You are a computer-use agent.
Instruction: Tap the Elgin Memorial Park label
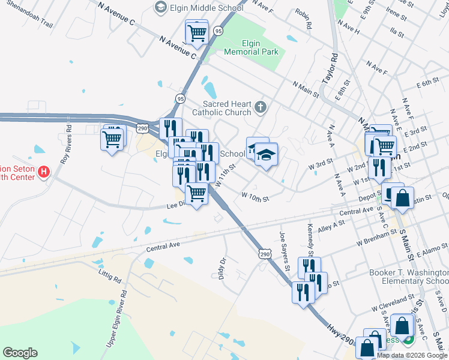[251, 47]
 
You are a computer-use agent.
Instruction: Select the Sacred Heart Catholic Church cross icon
[260, 107]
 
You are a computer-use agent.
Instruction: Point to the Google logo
[20, 353]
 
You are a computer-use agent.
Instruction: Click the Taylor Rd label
[330, 68]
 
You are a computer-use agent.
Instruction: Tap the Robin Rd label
[304, 19]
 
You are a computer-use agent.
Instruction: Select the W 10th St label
[255, 196]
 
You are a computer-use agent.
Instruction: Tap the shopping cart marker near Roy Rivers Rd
[112, 139]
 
